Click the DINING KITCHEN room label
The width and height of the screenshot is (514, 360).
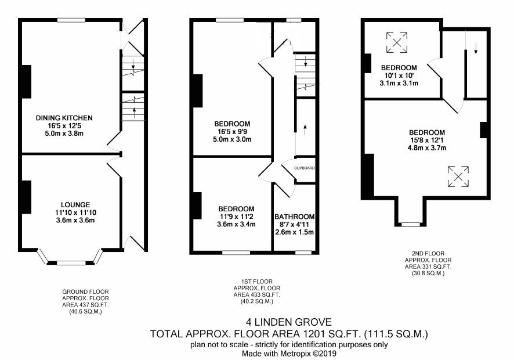(x=64, y=118)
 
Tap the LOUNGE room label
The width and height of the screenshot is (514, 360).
(x=75, y=205)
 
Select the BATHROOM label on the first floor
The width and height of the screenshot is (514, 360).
(x=294, y=217)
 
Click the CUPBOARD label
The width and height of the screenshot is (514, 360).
(x=304, y=168)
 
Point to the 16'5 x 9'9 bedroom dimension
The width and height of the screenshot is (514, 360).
(x=232, y=132)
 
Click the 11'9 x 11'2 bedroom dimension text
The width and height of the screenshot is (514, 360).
(x=236, y=217)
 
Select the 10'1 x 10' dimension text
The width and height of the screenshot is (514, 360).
(x=399, y=75)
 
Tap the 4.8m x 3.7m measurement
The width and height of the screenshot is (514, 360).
(x=427, y=147)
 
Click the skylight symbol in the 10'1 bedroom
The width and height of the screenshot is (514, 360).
(x=397, y=42)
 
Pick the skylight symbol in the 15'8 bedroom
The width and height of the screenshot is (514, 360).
(x=458, y=177)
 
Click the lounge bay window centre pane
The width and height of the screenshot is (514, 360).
(x=71, y=263)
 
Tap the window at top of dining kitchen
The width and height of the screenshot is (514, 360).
(x=71, y=20)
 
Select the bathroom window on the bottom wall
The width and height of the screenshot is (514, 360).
(x=303, y=253)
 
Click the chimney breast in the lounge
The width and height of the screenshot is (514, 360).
(x=26, y=197)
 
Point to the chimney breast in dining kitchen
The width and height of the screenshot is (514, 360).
(x=26, y=82)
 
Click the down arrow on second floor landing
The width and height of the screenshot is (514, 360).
(x=476, y=49)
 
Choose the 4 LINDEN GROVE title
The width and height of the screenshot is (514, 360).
(x=289, y=322)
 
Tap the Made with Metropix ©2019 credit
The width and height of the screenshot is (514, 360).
(x=289, y=354)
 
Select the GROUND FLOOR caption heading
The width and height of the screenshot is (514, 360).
(x=85, y=291)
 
